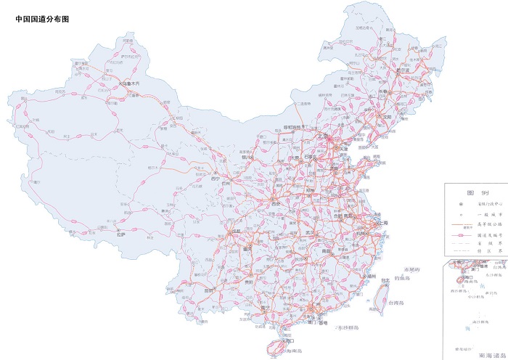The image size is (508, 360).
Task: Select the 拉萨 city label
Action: [x=123, y=234]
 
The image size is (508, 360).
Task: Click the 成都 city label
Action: [x=237, y=232]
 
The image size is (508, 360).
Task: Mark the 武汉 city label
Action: [x=311, y=232]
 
